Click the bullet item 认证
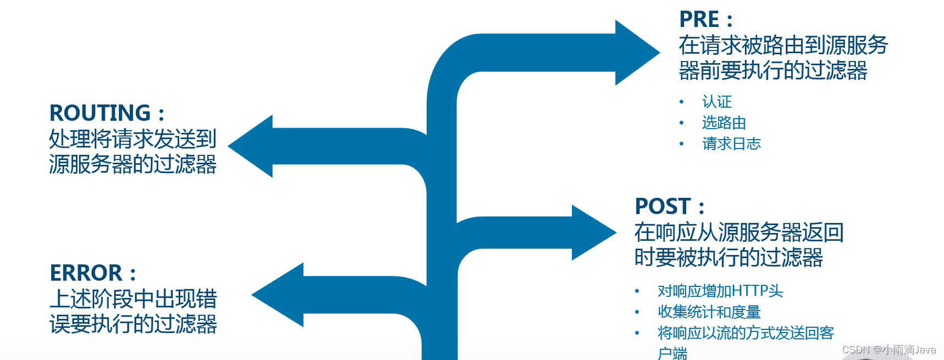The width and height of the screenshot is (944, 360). tap(717, 102)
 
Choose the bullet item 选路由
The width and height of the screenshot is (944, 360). tap(724, 123)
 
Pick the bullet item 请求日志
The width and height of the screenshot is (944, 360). tap(731, 144)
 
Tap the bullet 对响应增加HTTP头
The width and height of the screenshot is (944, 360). tap(720, 291)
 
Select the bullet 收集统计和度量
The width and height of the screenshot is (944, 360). tap(709, 312)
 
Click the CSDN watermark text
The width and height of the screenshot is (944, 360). tap(888, 350)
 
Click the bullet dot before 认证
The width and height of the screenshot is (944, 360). tap(682, 102)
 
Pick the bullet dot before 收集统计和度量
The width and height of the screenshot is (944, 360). tap(637, 312)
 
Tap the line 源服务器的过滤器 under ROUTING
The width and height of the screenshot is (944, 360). tap(133, 164)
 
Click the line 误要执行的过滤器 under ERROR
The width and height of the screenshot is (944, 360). tap(133, 324)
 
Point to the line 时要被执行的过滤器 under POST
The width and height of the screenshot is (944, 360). tap(728, 257)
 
